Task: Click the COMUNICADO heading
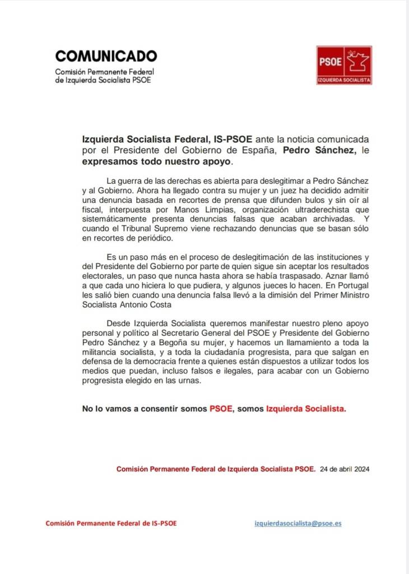coord(106,56)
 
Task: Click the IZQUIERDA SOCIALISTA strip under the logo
coord(344,80)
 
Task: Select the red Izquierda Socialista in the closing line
coord(306,409)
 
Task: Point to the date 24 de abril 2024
coord(345,469)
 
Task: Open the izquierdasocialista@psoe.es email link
coord(298,522)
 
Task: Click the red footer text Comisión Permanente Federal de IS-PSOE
coord(111,523)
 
